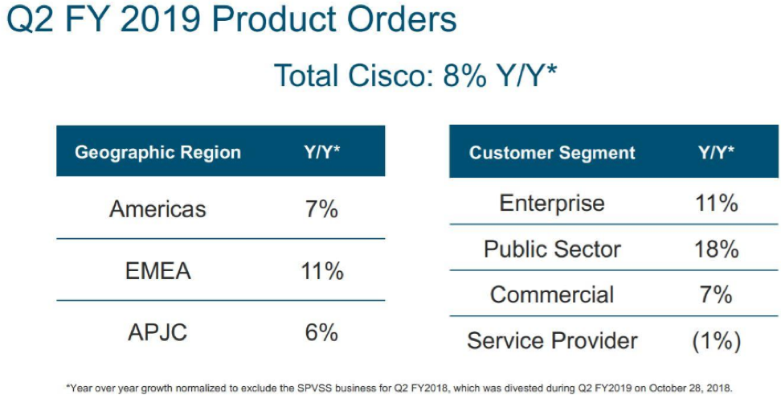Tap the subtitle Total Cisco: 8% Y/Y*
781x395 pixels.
415,76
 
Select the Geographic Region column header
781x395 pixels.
157,152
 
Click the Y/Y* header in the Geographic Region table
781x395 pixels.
321,152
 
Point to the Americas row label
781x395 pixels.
157,209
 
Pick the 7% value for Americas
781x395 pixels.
321,209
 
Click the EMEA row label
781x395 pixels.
158,271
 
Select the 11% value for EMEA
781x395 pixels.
321,271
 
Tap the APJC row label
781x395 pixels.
157,332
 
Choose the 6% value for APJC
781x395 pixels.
321,332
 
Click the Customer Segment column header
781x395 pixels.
552,152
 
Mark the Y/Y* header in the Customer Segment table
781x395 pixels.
716,152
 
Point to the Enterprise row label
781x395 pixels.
552,203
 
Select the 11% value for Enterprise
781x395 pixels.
716,203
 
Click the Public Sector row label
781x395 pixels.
552,249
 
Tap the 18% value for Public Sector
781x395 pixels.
716,249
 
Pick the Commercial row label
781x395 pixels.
552,294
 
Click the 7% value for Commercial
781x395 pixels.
716,294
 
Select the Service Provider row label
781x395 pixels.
552,341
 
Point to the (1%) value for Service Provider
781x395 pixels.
716,341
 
